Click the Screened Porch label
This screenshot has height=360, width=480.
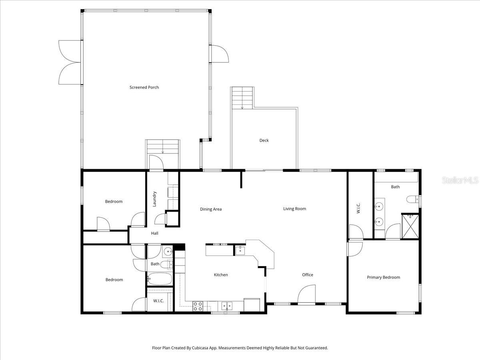[x=144, y=87]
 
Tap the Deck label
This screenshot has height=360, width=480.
[x=264, y=140]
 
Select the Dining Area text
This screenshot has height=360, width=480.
[x=211, y=209]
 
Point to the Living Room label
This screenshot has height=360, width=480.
[x=294, y=209]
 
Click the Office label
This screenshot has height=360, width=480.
[x=308, y=275]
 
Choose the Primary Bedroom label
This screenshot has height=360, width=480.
[x=383, y=277]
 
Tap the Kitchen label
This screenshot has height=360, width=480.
[x=221, y=275]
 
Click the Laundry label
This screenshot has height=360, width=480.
[x=154, y=199]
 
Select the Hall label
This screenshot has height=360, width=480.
[x=155, y=233]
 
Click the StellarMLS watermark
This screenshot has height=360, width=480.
[x=460, y=181]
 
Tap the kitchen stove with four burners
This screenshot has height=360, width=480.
[x=198, y=306]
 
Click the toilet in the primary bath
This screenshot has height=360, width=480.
[x=412, y=199]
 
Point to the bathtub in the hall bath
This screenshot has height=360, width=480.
[x=160, y=278]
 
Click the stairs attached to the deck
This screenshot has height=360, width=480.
[x=242, y=97]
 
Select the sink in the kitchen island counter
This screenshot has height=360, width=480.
[x=240, y=250]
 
